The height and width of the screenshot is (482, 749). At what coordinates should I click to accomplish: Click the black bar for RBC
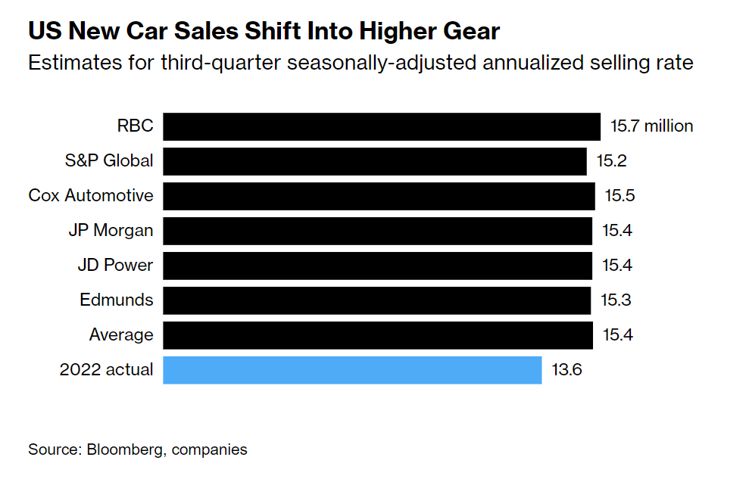pyautogui.click(x=382, y=126)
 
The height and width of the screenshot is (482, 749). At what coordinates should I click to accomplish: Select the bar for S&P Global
pyautogui.click(x=375, y=161)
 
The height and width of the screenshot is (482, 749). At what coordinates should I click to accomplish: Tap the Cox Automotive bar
pyautogui.click(x=379, y=196)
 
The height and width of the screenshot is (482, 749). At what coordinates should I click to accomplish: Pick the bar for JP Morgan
pyautogui.click(x=377, y=231)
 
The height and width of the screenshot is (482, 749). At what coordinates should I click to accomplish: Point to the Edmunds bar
pyautogui.click(x=376, y=300)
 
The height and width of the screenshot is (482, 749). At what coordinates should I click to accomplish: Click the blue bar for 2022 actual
pyautogui.click(x=352, y=370)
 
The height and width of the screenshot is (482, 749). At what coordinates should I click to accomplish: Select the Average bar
pyautogui.click(x=377, y=335)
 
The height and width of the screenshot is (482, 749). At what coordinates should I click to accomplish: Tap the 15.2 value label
pyautogui.click(x=610, y=161)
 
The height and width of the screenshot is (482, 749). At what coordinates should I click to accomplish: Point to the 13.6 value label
pyautogui.click(x=566, y=370)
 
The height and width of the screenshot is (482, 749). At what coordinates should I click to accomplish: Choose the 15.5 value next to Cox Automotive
pyautogui.click(x=619, y=196)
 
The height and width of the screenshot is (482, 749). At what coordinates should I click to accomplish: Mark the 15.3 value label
pyautogui.click(x=616, y=300)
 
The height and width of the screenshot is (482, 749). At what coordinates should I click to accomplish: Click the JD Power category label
pyautogui.click(x=115, y=266)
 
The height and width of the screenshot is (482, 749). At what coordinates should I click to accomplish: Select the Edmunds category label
pyautogui.click(x=116, y=300)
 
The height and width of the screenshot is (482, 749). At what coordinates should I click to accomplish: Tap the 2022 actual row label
pyautogui.click(x=106, y=370)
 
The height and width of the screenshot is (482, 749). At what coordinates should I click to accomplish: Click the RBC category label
pyautogui.click(x=135, y=126)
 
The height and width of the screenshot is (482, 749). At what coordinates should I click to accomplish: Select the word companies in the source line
pyautogui.click(x=210, y=449)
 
